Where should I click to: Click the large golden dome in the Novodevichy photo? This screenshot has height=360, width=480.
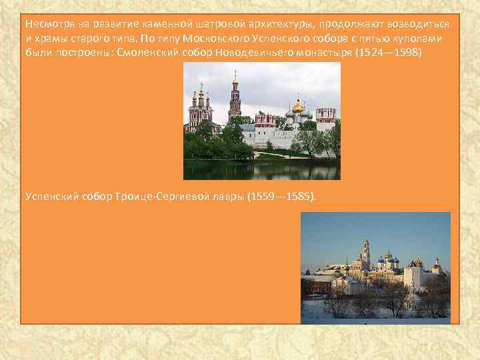[297, 107]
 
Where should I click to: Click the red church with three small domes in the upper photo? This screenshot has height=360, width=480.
[199, 110]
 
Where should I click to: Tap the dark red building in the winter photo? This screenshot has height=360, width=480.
[317, 287]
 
